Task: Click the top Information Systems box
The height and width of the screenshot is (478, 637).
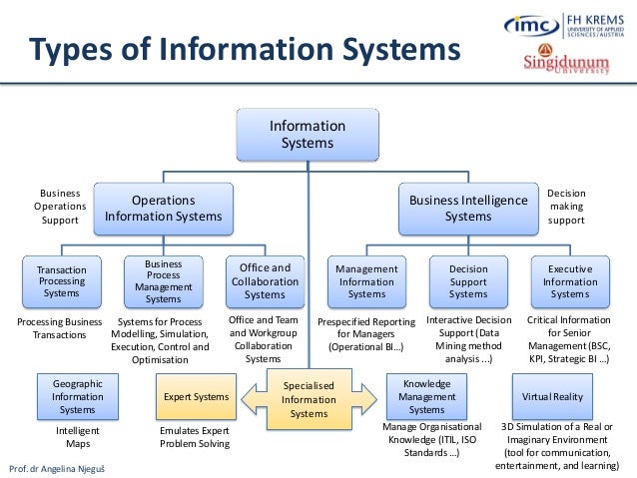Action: click(x=308, y=134)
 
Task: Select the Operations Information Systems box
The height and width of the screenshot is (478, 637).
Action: click(x=164, y=208)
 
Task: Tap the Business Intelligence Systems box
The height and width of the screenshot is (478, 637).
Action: click(x=468, y=208)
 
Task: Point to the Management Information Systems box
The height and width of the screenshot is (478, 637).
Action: click(x=366, y=281)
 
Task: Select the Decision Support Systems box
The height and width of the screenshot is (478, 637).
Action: click(x=468, y=281)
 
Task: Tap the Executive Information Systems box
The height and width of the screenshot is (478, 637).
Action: click(x=570, y=281)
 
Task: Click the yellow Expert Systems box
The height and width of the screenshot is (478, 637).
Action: click(x=196, y=397)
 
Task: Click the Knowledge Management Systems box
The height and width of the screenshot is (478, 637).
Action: click(x=426, y=396)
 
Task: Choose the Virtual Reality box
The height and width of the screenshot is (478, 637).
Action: click(x=552, y=396)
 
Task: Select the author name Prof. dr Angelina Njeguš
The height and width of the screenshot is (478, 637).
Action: click(x=62, y=467)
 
